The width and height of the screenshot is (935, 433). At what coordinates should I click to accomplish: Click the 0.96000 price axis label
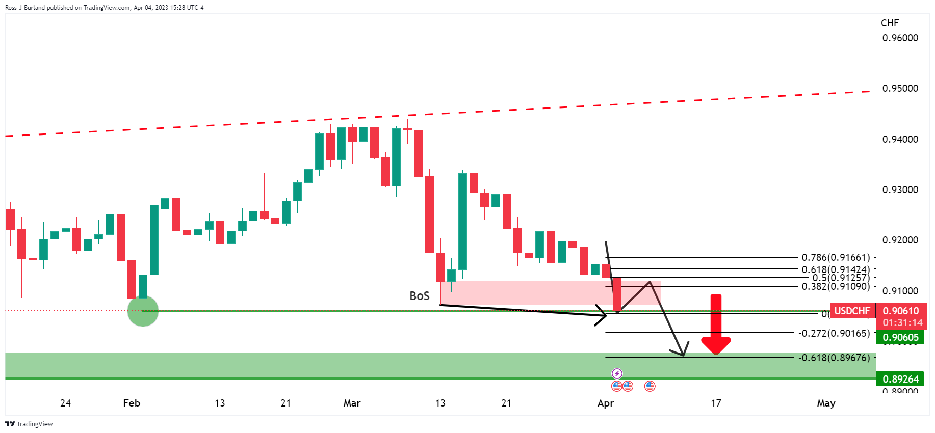click(900, 38)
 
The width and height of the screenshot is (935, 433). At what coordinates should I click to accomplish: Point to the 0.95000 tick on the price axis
click(900, 88)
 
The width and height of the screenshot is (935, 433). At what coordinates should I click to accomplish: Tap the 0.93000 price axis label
click(900, 190)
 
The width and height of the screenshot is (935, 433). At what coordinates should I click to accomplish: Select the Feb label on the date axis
click(132, 403)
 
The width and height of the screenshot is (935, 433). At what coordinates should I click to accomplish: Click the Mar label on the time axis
click(352, 403)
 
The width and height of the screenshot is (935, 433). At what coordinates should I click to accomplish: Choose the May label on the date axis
click(826, 403)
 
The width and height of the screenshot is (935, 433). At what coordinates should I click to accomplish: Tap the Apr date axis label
click(605, 403)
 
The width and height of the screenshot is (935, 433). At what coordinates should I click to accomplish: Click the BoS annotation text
click(420, 296)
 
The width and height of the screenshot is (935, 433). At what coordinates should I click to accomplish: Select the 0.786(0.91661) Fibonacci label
click(836, 257)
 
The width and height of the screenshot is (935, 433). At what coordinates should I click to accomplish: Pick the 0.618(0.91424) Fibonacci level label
click(836, 269)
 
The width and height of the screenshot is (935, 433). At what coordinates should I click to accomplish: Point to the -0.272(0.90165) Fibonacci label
click(834, 333)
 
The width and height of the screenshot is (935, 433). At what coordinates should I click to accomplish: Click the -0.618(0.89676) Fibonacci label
click(834, 358)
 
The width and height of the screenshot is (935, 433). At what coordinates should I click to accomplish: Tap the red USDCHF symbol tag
click(852, 311)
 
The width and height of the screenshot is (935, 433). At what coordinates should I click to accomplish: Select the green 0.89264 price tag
click(900, 379)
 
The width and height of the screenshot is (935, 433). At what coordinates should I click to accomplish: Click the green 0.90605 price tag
click(900, 337)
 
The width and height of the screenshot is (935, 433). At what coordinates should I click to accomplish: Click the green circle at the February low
click(143, 311)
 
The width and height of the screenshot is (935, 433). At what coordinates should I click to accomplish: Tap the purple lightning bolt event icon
click(617, 374)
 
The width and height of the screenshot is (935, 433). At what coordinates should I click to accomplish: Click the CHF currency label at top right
click(890, 23)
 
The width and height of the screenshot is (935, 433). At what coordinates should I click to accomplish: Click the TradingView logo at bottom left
click(29, 424)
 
